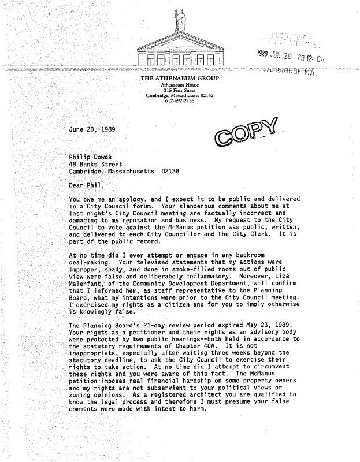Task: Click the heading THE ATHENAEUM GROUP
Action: point(179,79)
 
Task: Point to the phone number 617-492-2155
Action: point(179,100)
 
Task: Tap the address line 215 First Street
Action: point(179,90)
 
